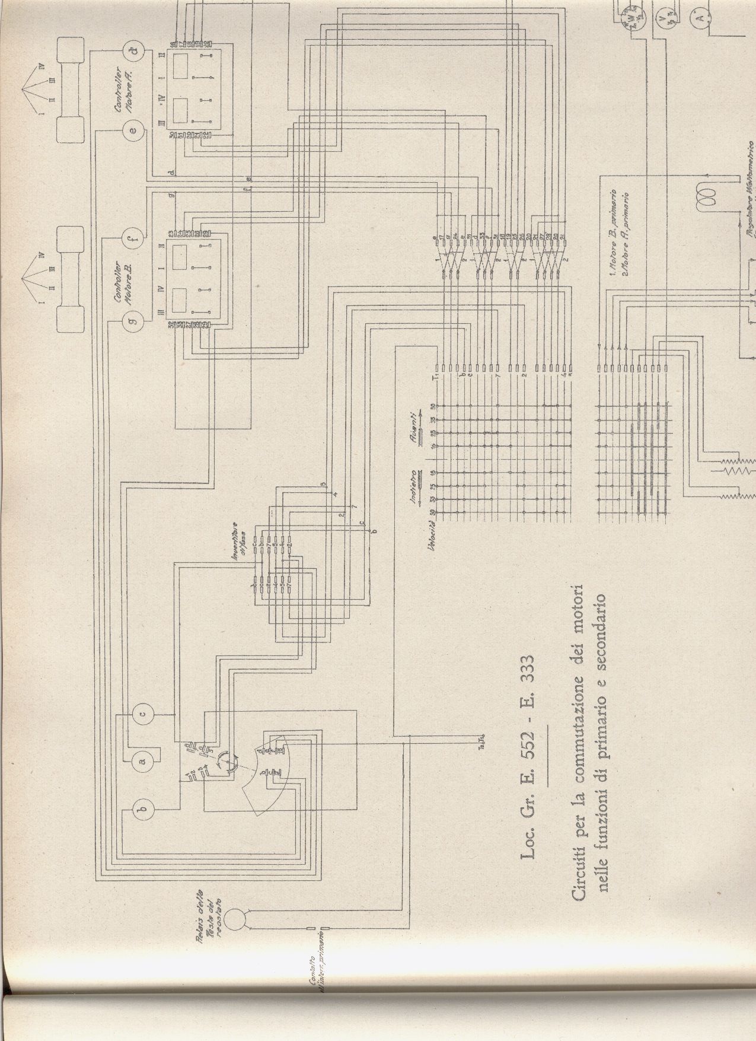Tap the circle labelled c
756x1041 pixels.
click(x=143, y=712)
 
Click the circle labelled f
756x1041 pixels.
click(x=132, y=239)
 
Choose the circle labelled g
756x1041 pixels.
click(x=132, y=322)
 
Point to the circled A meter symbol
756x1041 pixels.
click(x=700, y=19)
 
